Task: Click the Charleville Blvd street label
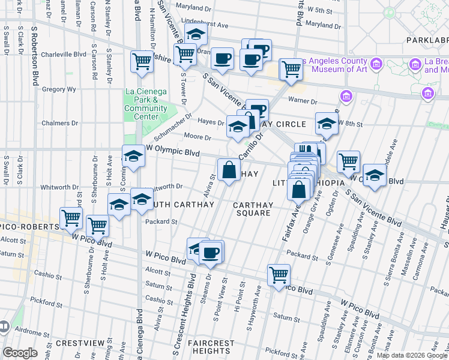(64, 54)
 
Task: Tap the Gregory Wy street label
(58, 89)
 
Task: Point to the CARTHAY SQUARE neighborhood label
(253, 209)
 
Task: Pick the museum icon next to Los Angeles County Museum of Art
(376, 64)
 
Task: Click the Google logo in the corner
(20, 353)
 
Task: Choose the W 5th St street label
(320, 11)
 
